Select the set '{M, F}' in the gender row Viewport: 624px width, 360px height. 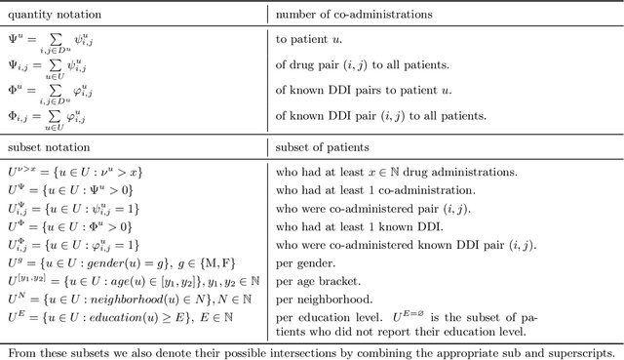213,261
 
